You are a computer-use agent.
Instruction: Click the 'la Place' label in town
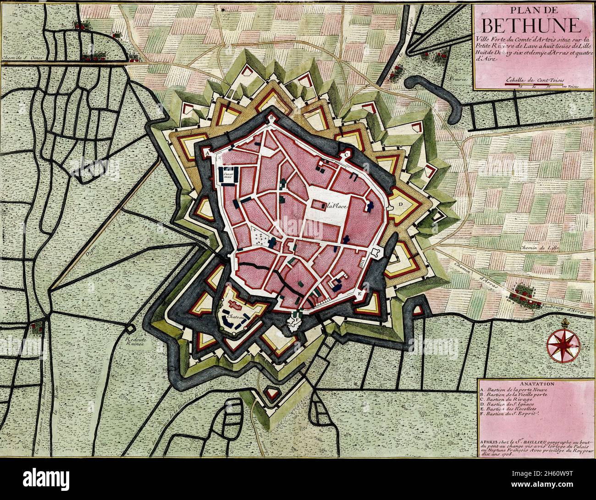pos(336,207)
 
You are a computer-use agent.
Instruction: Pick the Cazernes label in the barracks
pos(228,175)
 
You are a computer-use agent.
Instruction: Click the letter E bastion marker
pos(359,291)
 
